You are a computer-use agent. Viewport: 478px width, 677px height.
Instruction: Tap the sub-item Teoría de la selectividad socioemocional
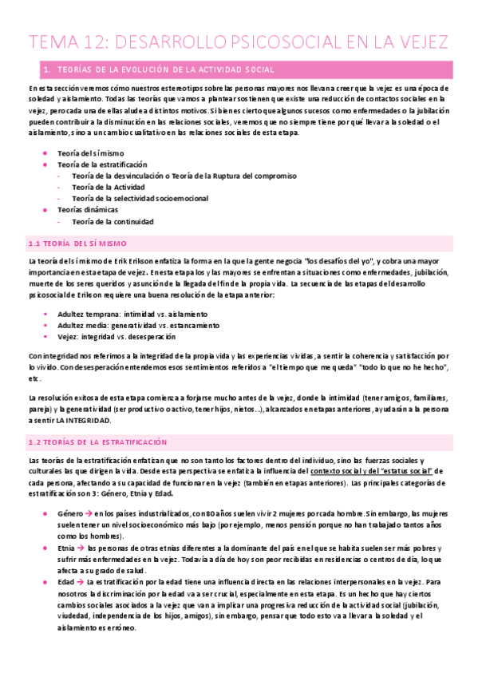pyautogui.click(x=140, y=198)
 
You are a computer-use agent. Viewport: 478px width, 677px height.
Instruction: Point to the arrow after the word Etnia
pyautogui.click(x=81, y=549)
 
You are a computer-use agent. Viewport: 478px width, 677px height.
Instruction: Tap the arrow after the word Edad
pyautogui.click(x=80, y=583)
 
